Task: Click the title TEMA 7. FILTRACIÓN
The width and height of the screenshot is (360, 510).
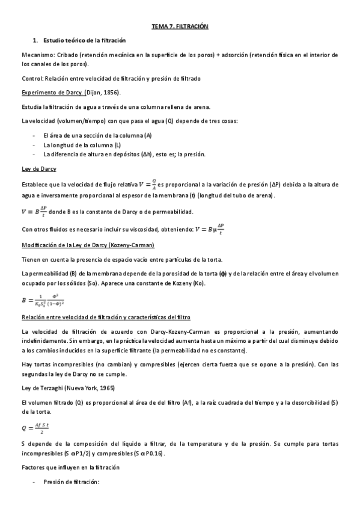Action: click(180, 27)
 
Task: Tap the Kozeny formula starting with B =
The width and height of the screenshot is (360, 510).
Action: click(43, 300)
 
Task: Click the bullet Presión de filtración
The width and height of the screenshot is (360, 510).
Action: click(71, 482)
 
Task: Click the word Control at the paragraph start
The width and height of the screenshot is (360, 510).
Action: click(32, 78)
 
